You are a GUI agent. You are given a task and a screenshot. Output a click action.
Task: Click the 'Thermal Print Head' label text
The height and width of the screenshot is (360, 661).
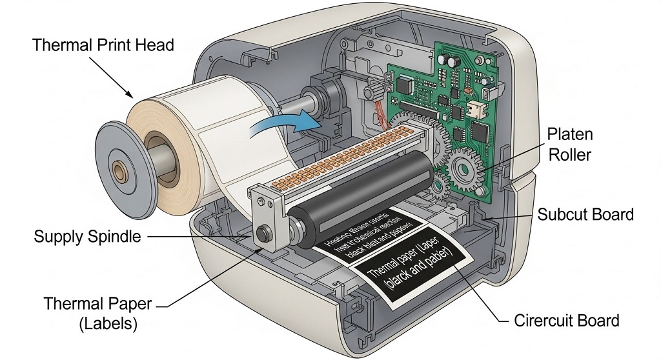[103, 46]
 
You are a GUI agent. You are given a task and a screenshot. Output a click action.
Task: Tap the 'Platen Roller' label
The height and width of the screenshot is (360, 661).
[570, 145]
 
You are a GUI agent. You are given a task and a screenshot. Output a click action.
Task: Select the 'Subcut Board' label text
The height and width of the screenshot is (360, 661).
[586, 214]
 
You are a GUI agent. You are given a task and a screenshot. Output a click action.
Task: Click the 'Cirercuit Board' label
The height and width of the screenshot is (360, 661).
[567, 321]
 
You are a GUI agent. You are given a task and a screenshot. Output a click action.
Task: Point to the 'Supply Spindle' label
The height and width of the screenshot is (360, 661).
[87, 237]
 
